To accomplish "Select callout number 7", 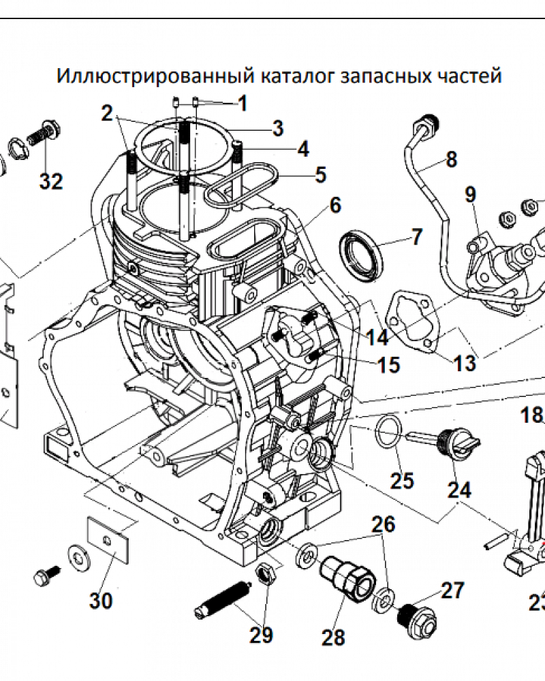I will click(x=416, y=238).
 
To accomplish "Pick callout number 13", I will click(x=465, y=362).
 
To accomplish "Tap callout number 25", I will click(x=402, y=479).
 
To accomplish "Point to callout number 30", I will click(x=100, y=601).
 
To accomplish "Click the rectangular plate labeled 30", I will click(x=109, y=539).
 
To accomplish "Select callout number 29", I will click(x=261, y=635).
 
